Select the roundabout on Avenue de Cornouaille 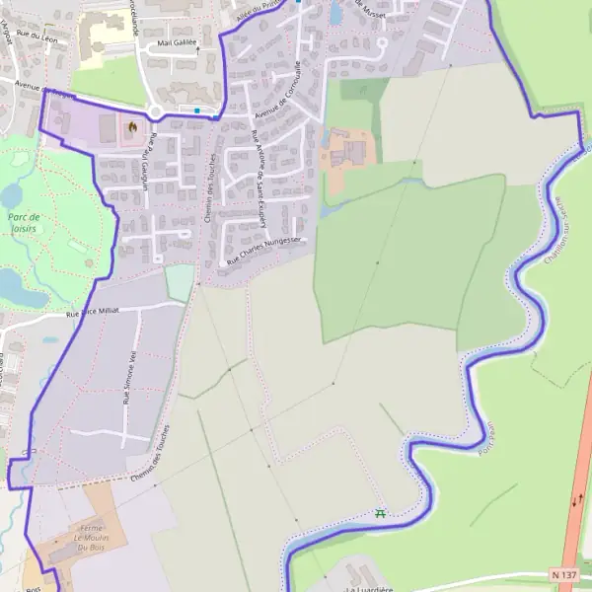156,111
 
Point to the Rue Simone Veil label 128,378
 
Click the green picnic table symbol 380,512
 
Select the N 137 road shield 564,573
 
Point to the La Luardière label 370,588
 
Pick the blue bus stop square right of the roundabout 198,111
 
